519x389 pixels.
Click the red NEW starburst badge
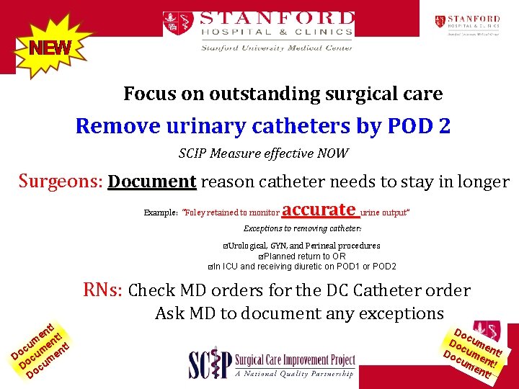pyautogui.click(x=49, y=48)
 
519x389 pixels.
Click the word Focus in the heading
pyautogui.click(x=148, y=94)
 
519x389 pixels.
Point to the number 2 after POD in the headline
pyautogui.click(x=441, y=126)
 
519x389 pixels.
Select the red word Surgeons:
pyautogui.click(x=61, y=182)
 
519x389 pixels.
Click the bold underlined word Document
pyautogui.click(x=151, y=182)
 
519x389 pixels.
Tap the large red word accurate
pyautogui.click(x=319, y=210)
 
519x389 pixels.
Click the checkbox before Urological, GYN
pyautogui.click(x=226, y=246)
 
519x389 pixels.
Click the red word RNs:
pyautogui.click(x=103, y=290)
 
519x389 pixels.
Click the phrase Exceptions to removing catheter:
pyautogui.click(x=302, y=228)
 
